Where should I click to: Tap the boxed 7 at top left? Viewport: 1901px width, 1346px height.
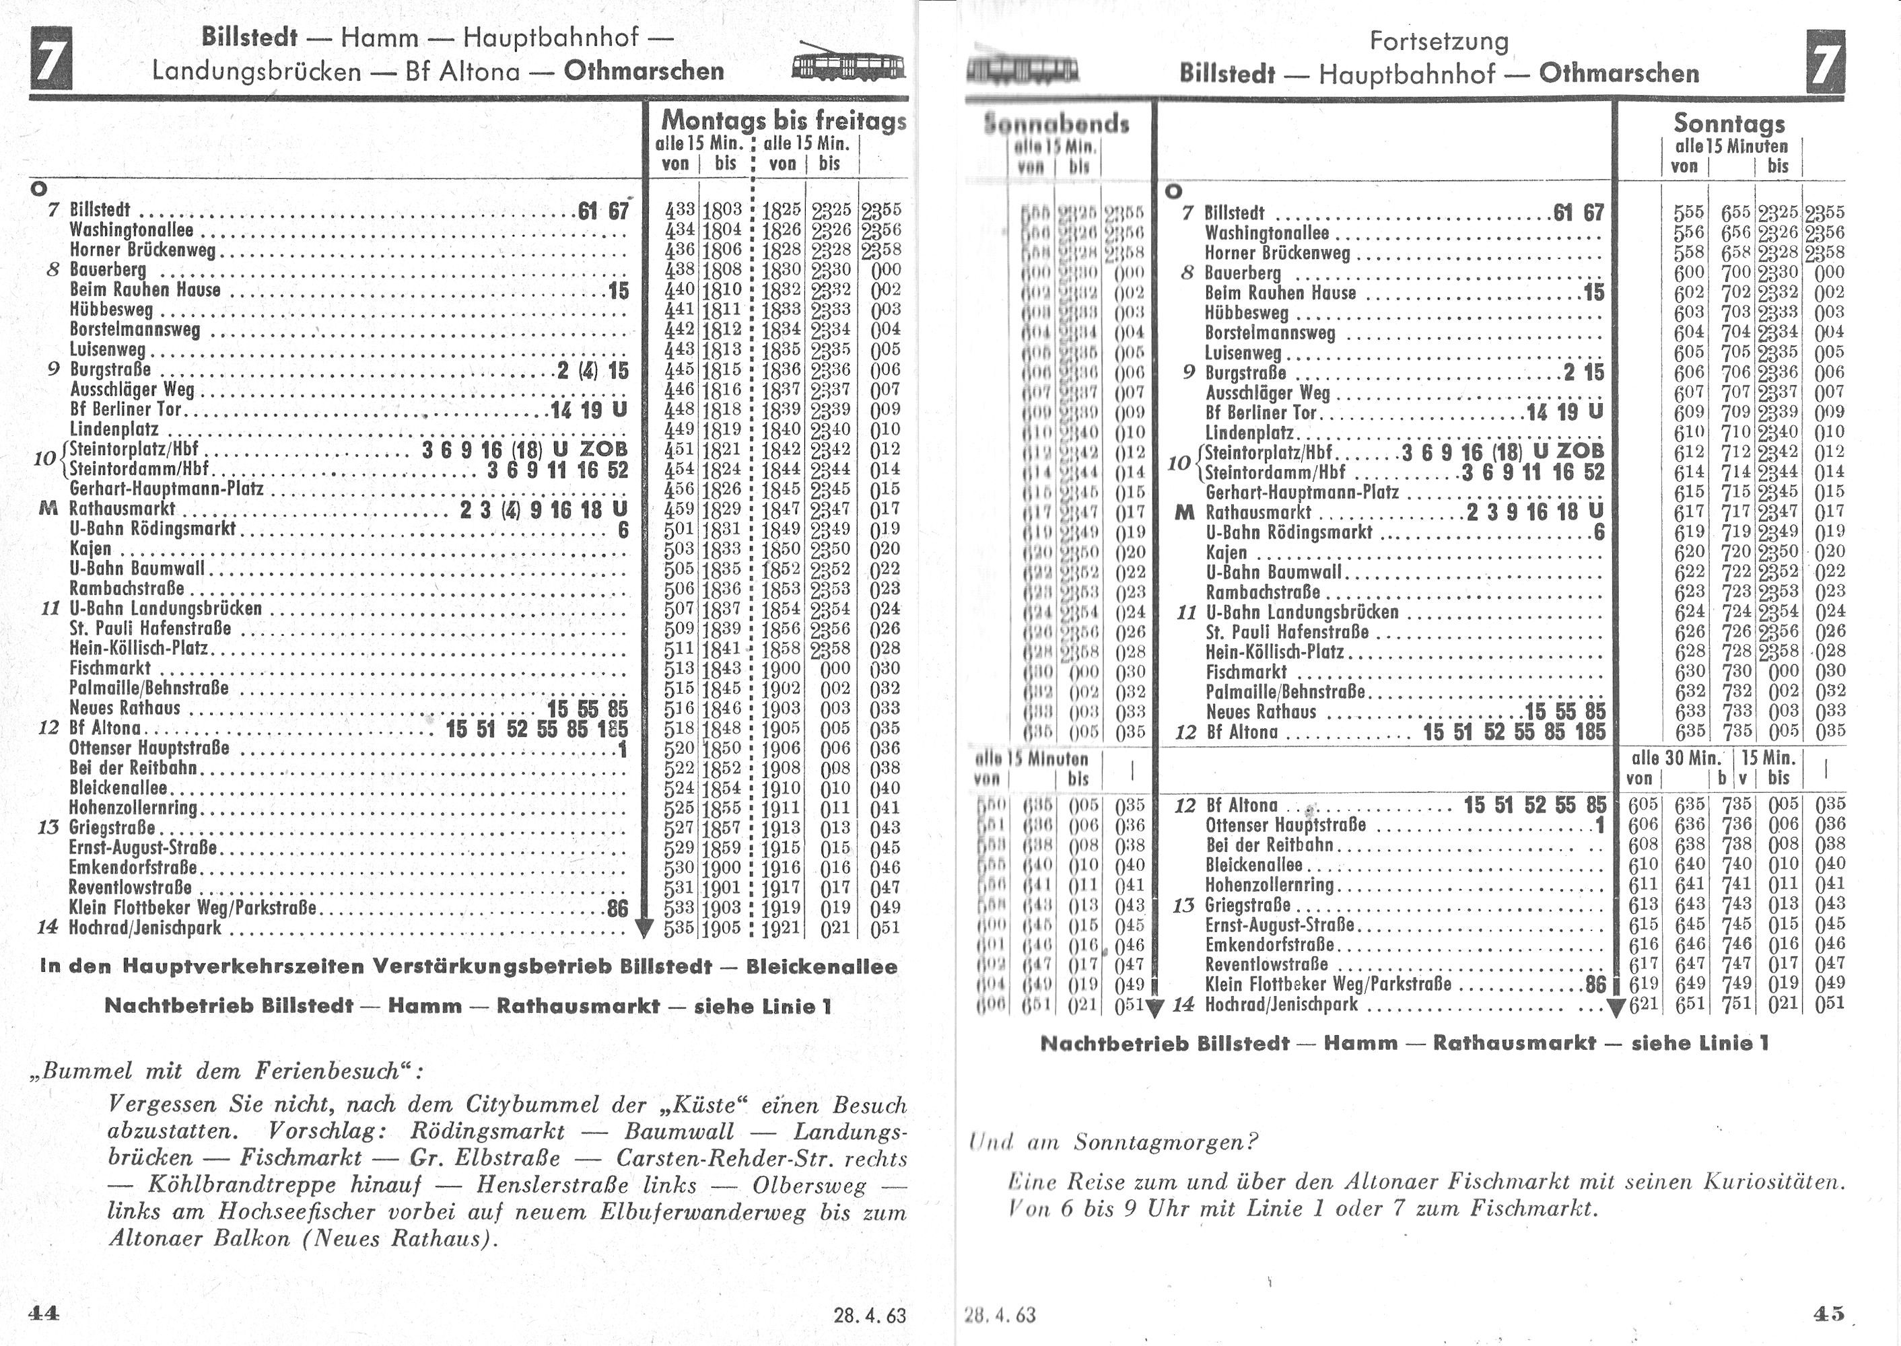click(50, 59)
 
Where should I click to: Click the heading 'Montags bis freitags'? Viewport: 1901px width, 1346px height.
click(784, 121)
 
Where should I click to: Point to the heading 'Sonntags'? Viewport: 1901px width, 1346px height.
click(1729, 122)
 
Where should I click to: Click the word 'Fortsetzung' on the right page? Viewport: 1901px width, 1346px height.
click(1439, 42)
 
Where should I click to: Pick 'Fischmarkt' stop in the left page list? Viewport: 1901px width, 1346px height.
click(110, 668)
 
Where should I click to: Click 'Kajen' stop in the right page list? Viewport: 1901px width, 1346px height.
click(1226, 552)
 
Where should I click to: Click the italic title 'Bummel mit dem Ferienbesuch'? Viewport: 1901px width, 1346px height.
click(228, 1071)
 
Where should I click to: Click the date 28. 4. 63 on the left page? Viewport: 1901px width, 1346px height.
click(870, 1315)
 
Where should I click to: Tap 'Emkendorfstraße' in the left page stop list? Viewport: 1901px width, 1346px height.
click(133, 867)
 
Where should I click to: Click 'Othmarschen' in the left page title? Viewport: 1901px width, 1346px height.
click(644, 71)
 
